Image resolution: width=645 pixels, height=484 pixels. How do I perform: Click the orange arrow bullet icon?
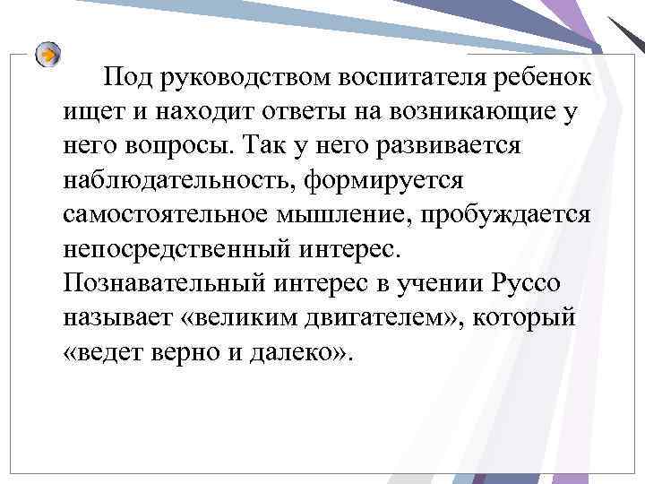point(49,55)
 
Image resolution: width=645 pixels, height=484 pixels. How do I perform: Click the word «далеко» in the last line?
point(293,351)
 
